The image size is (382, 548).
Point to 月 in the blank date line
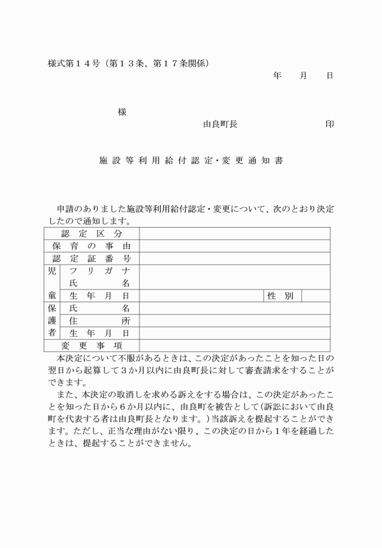click(303, 76)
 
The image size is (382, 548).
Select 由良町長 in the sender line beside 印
click(220, 124)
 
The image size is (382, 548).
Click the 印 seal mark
click(329, 124)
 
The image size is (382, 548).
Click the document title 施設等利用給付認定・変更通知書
click(190, 162)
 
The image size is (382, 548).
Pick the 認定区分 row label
click(92, 234)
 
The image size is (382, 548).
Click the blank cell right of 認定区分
click(235, 234)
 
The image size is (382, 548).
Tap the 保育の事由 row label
click(92, 246)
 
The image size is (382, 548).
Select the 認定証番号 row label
click(92, 259)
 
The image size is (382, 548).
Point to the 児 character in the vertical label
click(52, 271)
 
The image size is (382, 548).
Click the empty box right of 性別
click(315, 296)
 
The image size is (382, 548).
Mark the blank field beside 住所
click(235, 321)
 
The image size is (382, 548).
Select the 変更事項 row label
click(92, 346)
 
